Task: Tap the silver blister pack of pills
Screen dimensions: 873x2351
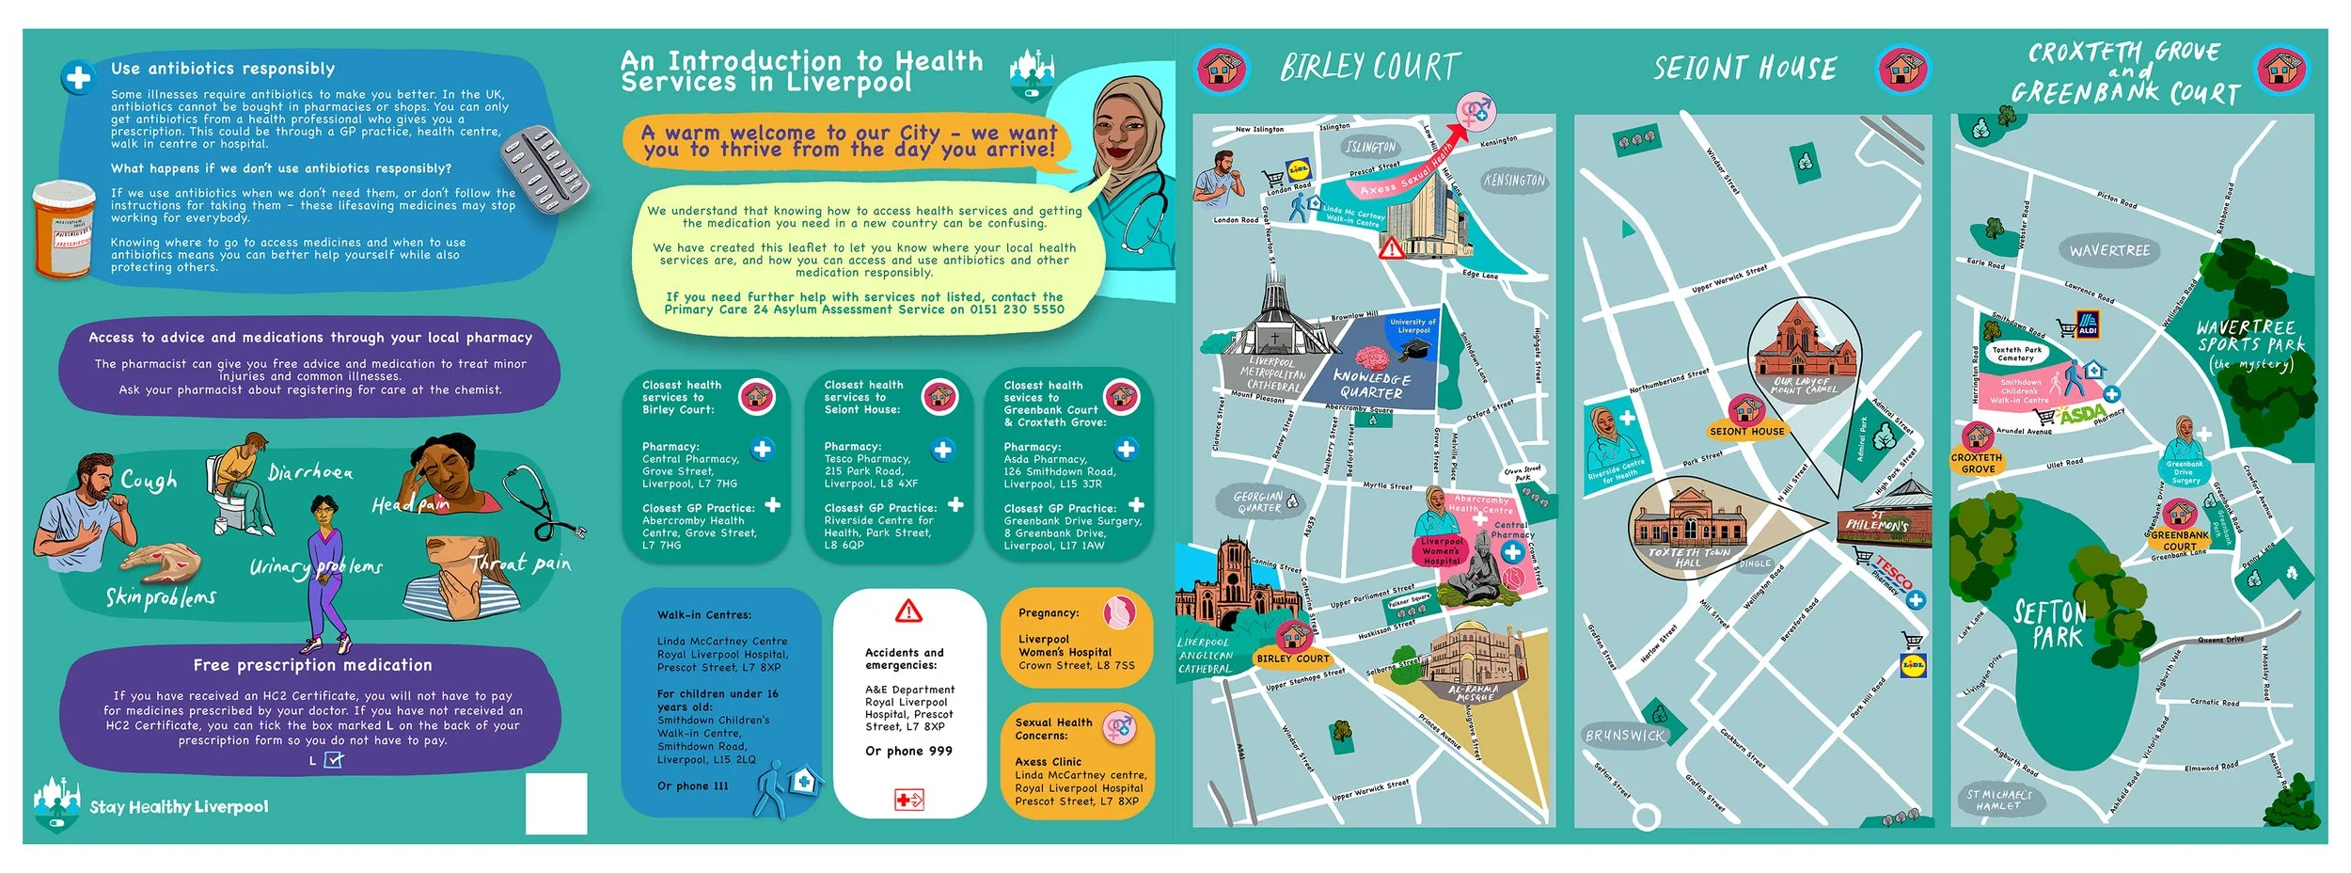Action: [544, 169]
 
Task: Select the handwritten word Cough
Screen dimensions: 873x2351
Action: [149, 481]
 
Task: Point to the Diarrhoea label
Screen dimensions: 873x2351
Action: [310, 472]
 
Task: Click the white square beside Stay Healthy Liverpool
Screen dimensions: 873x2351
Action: [556, 803]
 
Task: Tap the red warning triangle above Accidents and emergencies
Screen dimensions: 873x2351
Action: [908, 612]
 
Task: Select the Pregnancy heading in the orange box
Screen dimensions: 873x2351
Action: [1049, 612]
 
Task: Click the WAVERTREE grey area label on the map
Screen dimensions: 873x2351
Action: [2109, 251]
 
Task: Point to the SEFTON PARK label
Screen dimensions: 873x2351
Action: [2050, 625]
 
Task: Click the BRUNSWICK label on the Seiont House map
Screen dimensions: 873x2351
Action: [1625, 736]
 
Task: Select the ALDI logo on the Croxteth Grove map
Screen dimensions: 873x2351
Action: [2088, 325]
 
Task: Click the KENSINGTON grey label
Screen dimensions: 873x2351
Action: [1514, 181]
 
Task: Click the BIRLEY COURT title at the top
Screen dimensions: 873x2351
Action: [1370, 68]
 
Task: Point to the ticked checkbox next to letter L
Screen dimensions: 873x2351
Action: [333, 759]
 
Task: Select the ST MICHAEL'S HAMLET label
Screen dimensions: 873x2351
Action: [1999, 800]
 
